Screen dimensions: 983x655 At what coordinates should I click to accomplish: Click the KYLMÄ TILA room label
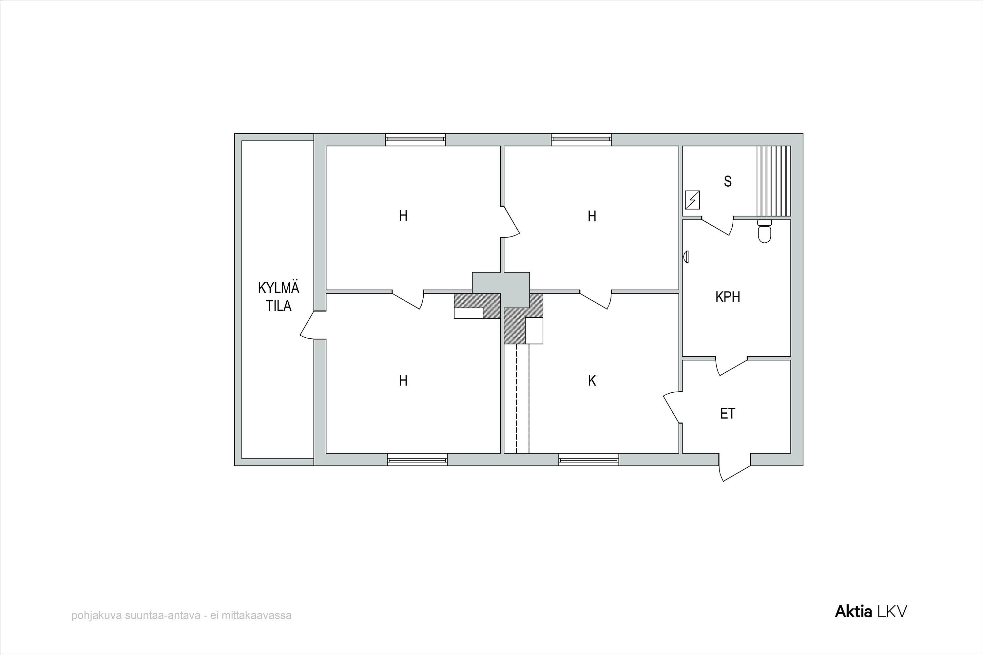click(x=278, y=297)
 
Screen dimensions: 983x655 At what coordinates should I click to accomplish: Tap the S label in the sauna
click(x=728, y=181)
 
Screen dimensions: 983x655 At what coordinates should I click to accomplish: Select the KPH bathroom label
click(x=728, y=297)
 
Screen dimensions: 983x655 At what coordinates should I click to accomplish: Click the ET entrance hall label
click(x=728, y=414)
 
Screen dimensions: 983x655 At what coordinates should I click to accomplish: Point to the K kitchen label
click(x=592, y=381)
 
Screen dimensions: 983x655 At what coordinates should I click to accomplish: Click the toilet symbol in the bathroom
click(x=764, y=231)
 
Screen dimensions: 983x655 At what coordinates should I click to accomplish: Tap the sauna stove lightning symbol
click(x=693, y=200)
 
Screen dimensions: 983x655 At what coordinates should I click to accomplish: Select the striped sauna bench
click(x=774, y=181)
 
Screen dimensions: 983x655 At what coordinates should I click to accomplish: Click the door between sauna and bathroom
click(x=717, y=226)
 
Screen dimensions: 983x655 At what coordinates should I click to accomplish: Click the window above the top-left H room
click(x=415, y=139)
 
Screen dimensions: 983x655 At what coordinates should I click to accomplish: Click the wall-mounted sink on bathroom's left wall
click(x=685, y=256)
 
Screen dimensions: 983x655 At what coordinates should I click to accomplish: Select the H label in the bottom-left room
click(x=403, y=381)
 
